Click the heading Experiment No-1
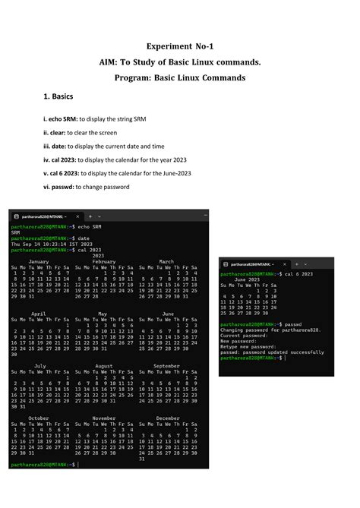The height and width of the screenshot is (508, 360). (x=179, y=46)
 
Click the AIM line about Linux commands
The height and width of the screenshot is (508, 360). (x=179, y=62)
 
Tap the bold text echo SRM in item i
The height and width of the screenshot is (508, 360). (x=62, y=120)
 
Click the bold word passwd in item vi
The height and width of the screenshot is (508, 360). (x=65, y=187)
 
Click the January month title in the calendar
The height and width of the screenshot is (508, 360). (x=38, y=261)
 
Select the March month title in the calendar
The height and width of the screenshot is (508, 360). (x=166, y=261)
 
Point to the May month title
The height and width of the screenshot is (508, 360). (x=103, y=313)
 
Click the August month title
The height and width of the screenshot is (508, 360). (x=104, y=365)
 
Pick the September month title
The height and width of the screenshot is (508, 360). (x=166, y=365)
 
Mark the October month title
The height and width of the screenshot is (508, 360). (x=39, y=418)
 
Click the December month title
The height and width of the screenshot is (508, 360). (x=167, y=418)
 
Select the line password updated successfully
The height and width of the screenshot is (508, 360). (x=272, y=352)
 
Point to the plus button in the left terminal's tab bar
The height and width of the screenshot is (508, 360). (x=90, y=216)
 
